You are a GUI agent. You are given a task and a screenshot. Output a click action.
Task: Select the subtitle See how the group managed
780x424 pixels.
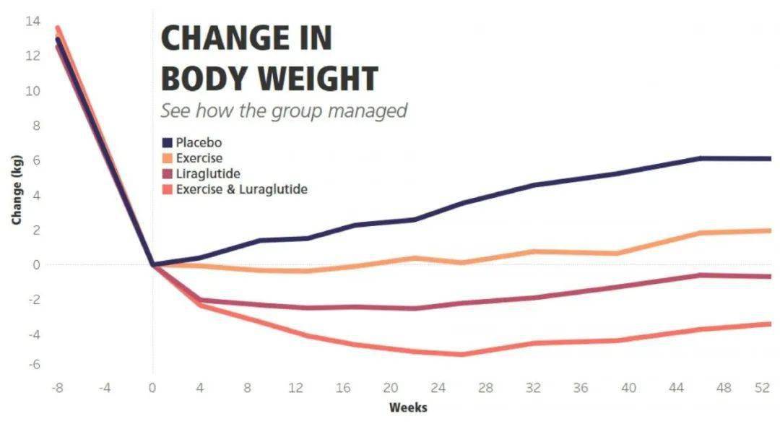pos(284,111)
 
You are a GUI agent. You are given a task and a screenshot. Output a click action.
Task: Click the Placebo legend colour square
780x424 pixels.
pos(167,142)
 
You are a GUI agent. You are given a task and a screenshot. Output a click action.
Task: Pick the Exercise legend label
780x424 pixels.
pos(199,158)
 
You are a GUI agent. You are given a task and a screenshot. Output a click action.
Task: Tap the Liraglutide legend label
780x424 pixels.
pos(208,174)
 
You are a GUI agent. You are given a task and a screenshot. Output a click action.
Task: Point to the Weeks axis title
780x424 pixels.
pos(408,407)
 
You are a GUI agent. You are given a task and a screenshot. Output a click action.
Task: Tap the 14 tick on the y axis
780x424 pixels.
pos(32,21)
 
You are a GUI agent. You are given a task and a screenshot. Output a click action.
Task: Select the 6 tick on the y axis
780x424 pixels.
pos(35,160)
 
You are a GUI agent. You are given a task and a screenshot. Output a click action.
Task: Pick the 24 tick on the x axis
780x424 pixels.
pos(438,389)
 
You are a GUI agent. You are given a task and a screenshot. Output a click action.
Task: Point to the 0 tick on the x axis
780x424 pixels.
pos(152,389)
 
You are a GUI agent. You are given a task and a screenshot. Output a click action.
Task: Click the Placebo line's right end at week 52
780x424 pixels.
pos(768,158)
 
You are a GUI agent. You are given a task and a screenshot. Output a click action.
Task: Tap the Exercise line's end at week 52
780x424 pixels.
pos(768,230)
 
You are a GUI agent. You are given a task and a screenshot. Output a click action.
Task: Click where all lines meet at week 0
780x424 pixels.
pos(152,264)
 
